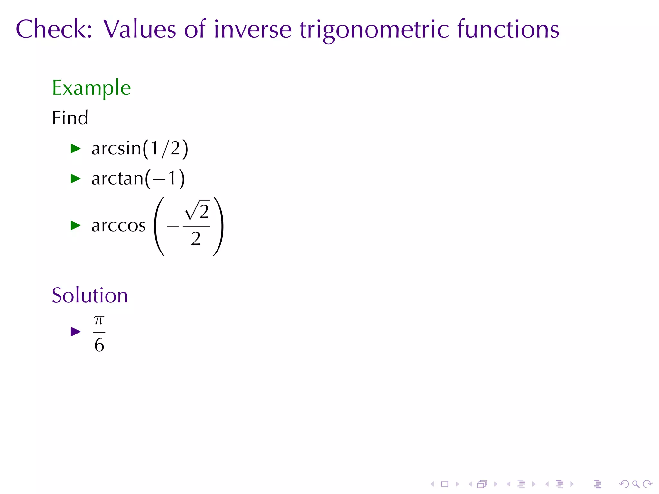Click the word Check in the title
pyautogui.click(x=53, y=29)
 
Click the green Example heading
pyautogui.click(x=91, y=88)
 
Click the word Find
pyautogui.click(x=70, y=118)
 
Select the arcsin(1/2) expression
pyautogui.click(x=139, y=149)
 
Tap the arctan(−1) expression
pyautogui.click(x=138, y=178)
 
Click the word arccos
pyautogui.click(x=118, y=225)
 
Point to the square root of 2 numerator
pyautogui.click(x=197, y=211)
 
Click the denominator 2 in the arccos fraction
pyautogui.click(x=196, y=239)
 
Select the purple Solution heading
pyautogui.click(x=90, y=295)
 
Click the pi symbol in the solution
pyautogui.click(x=99, y=320)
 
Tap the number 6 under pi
pyautogui.click(x=99, y=345)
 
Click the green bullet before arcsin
pyautogui.click(x=75, y=149)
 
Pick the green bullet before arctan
pyautogui.click(x=75, y=178)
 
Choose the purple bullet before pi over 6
pyautogui.click(x=75, y=332)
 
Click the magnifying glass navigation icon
pyautogui.click(x=636, y=484)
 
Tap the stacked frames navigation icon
pyautogui.click(x=482, y=484)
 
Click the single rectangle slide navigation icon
pyautogui.click(x=445, y=484)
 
